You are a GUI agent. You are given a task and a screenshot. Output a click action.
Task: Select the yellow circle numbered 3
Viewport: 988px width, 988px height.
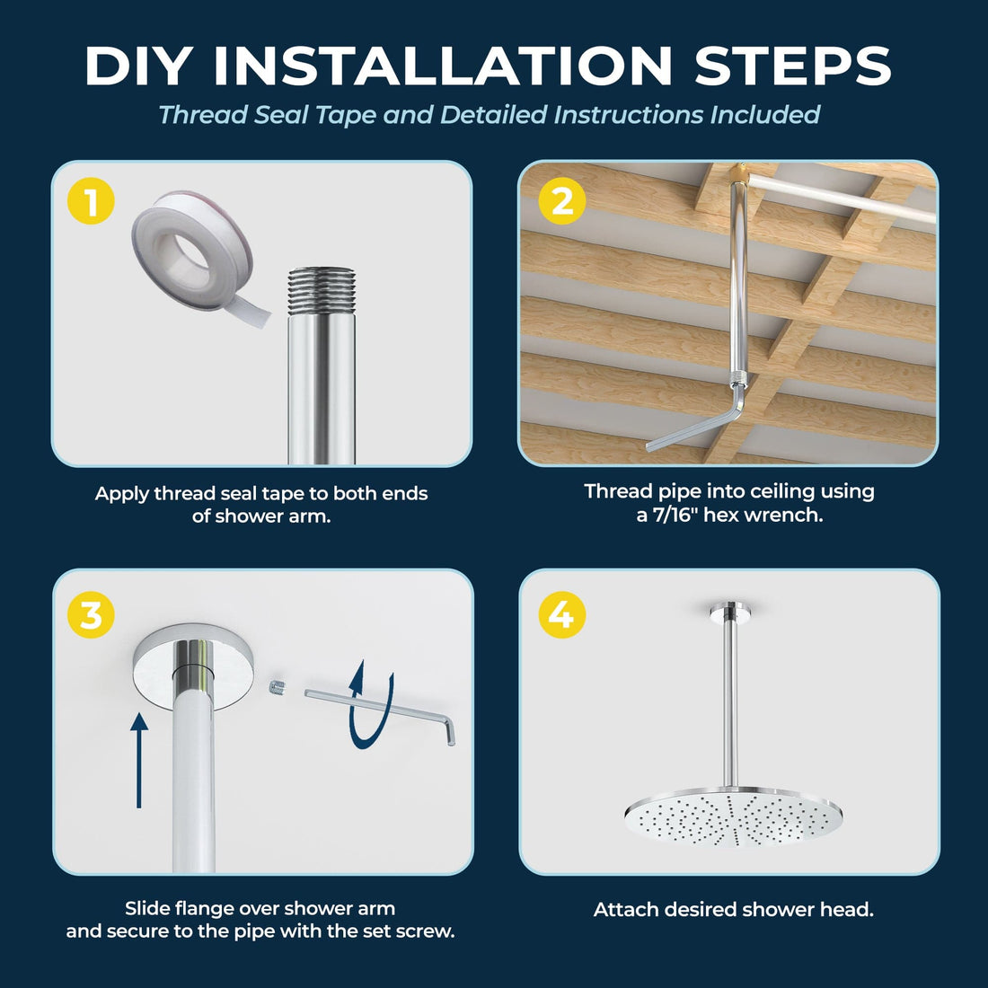pyautogui.click(x=91, y=615)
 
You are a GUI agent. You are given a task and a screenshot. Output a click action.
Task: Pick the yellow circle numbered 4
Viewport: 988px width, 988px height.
pyautogui.click(x=561, y=615)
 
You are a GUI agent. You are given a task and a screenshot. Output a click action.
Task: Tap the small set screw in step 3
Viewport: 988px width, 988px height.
pyautogui.click(x=277, y=688)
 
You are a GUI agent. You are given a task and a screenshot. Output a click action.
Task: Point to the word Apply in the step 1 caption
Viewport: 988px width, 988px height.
pyautogui.click(x=122, y=494)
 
